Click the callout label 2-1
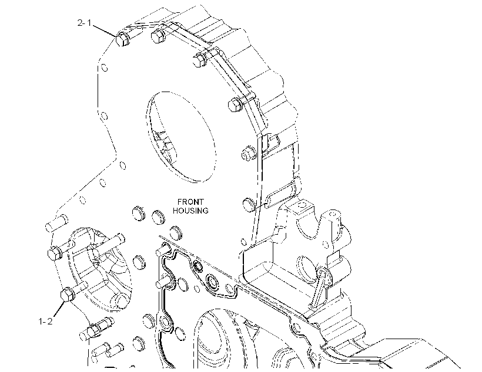tap(84, 23)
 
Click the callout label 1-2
tap(45, 322)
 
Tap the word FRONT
tap(190, 202)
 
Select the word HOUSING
tap(190, 211)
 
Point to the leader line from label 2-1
tap(105, 31)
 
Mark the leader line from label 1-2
tap(59, 309)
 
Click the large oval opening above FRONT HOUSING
tap(180, 137)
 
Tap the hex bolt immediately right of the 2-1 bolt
tap(158, 35)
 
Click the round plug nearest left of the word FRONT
tap(139, 212)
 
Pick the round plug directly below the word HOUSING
tap(176, 233)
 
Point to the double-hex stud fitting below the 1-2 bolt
tap(95, 329)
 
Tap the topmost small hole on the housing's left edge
tap(105, 67)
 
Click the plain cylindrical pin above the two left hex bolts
tap(56, 223)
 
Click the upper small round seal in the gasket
tap(197, 266)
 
